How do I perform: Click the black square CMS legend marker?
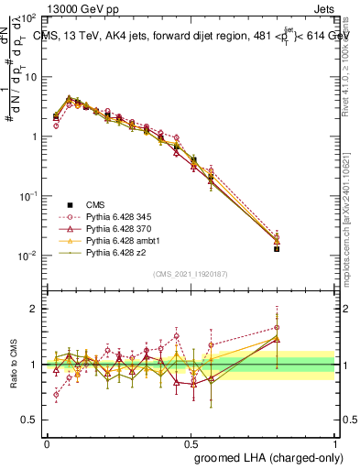[69, 202]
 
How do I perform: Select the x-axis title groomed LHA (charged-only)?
[264, 456]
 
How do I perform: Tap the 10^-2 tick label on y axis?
[28, 256]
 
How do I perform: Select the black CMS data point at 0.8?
[277, 248]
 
